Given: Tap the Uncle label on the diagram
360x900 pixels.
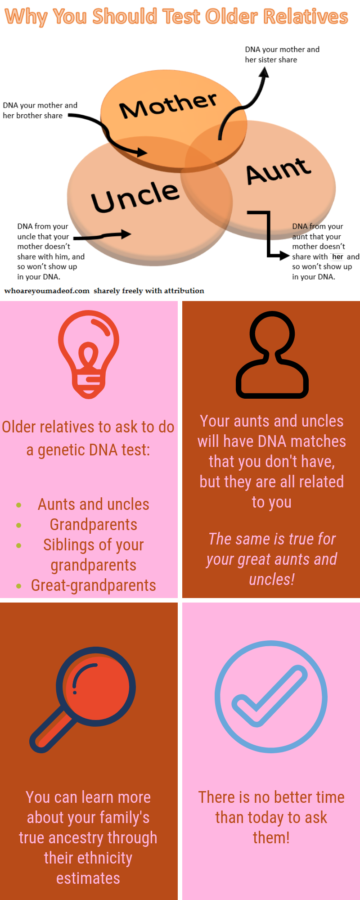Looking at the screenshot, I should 135,197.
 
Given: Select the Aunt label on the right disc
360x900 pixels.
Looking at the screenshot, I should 278,171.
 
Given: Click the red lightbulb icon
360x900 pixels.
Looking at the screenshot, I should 89,354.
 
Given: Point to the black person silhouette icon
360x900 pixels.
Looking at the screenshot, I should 272,355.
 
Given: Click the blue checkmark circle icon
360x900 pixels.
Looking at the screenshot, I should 271,697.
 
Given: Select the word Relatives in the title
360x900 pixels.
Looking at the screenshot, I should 306,17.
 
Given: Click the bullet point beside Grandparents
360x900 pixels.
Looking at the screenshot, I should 18,525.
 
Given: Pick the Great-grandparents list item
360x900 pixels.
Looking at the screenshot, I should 94,585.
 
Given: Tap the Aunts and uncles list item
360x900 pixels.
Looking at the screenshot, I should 94,504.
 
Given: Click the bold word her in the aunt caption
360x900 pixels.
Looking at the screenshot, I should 337,256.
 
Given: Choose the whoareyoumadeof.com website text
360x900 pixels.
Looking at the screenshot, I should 47,291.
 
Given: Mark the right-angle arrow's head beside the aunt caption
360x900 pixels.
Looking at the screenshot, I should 284,256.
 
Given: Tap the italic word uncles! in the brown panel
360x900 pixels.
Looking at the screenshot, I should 272,580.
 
